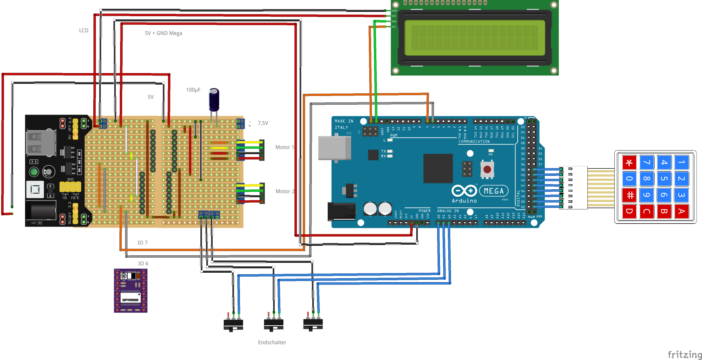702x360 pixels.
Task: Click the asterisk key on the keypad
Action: [629, 162]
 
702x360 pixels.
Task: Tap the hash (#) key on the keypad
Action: [629, 195]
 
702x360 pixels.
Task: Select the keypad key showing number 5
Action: [664, 179]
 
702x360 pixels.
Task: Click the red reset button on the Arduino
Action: [487, 170]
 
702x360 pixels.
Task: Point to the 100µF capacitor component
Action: [214, 100]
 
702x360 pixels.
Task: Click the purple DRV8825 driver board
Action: [130, 290]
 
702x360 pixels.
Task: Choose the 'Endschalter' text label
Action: [272, 343]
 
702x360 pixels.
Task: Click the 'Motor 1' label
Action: [285, 147]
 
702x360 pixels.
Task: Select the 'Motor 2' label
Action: [285, 191]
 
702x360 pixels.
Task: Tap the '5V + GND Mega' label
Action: [163, 33]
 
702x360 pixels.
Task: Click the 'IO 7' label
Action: [142, 243]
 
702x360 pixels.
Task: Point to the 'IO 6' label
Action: [143, 264]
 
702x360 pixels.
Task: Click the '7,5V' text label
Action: [263, 123]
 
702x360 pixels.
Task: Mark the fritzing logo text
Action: [685, 354]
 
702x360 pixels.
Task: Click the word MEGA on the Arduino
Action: [494, 191]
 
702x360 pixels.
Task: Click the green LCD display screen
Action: [474, 38]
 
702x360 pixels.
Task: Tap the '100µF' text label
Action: [193, 90]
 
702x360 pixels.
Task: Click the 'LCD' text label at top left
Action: [84, 30]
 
